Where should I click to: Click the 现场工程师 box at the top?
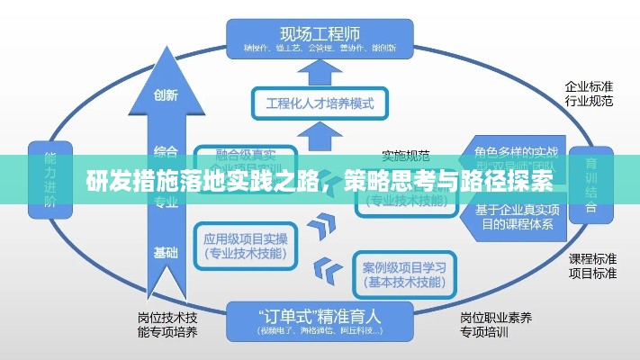pyautogui.click(x=320, y=35)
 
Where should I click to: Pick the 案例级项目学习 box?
pyautogui.click(x=402, y=274)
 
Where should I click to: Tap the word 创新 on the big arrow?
pyautogui.click(x=166, y=94)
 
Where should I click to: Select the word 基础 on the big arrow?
pyautogui.click(x=166, y=251)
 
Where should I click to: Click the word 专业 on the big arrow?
pyautogui.click(x=166, y=202)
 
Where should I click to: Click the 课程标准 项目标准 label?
pyautogui.click(x=591, y=265)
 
